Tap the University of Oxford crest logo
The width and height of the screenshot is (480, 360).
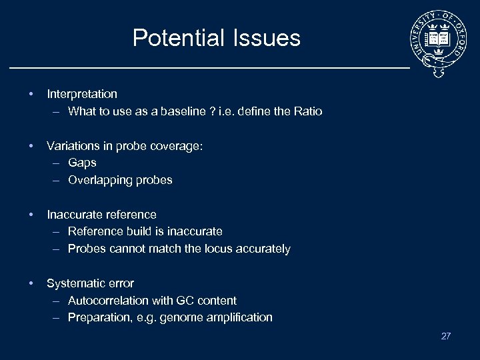tap(439, 42)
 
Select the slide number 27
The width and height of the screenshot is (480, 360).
tap(446, 336)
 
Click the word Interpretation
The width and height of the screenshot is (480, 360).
tap(82, 94)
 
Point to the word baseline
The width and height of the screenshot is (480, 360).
tap(183, 111)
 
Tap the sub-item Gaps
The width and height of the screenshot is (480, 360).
tap(82, 163)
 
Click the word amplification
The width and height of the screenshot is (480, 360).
tap(241, 317)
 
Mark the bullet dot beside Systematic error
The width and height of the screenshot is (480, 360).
tap(31, 283)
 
